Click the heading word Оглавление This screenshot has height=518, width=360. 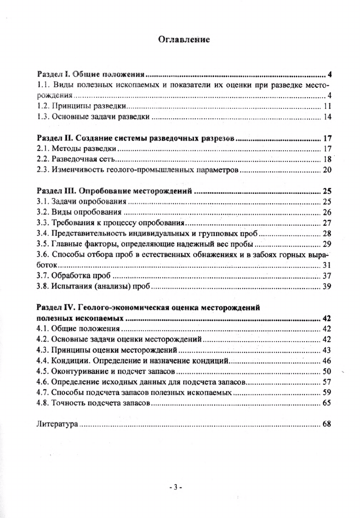pyautogui.click(x=183, y=39)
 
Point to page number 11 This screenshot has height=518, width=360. pyautogui.click(x=328, y=106)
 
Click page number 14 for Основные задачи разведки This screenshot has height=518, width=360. pyautogui.click(x=328, y=117)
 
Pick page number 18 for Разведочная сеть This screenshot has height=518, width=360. pyautogui.click(x=328, y=159)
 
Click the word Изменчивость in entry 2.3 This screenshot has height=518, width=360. pyautogui.click(x=75, y=170)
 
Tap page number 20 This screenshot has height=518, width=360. pyautogui.click(x=328, y=170)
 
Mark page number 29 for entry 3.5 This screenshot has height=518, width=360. pyautogui.click(x=327, y=244)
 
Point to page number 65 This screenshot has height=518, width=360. pyautogui.click(x=327, y=403)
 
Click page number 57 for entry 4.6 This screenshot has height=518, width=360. pyautogui.click(x=327, y=381)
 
